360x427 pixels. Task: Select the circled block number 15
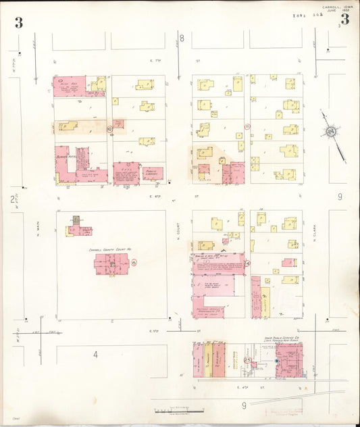coord(134,261)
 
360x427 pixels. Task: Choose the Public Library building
coord(153,173)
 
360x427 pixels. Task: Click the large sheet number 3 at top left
coord(19,22)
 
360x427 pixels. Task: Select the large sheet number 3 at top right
coord(344,19)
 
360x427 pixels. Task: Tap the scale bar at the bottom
coord(179,410)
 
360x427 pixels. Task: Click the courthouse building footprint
coord(111,263)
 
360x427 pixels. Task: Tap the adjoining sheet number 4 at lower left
coord(96,355)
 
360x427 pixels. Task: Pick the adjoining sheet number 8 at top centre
coord(181,36)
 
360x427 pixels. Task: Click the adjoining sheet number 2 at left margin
coord(11,199)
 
